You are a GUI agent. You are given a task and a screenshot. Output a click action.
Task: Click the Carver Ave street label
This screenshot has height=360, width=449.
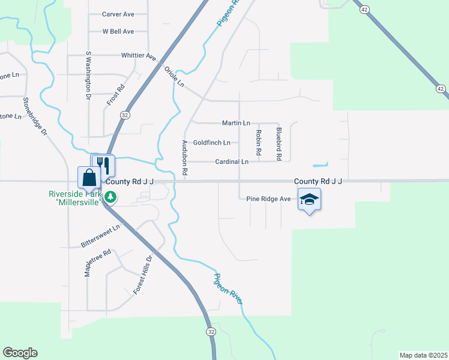pos(118,14)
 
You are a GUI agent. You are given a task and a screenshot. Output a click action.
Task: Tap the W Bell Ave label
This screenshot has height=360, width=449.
pos(118,31)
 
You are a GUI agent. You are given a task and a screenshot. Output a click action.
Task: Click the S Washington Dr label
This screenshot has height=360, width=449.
pos(88,75)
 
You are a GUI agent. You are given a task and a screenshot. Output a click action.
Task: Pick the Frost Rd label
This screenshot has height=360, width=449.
pos(116,95)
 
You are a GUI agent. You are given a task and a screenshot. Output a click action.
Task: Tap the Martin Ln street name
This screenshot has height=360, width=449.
pos(235,123)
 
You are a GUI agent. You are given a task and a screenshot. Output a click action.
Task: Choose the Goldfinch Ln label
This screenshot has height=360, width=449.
pos(211,143)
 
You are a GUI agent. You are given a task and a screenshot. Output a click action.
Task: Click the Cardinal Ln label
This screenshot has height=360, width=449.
pos(232,162)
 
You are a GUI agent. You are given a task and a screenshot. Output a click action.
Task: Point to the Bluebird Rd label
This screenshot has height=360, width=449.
pos(279,143)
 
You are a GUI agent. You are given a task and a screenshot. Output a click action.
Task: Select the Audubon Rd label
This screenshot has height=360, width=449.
pos(185,158)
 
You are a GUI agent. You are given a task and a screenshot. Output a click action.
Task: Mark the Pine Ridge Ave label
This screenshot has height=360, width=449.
pos(269,199)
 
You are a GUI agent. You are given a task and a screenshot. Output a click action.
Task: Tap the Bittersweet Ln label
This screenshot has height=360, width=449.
pos(101,236)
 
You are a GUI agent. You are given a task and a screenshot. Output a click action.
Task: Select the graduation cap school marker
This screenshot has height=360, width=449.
pos(309,199)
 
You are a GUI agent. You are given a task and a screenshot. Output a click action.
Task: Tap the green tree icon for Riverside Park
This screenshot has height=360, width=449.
pos(110,197)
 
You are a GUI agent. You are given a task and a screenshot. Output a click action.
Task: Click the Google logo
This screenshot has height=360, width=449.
pos(20,353)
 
